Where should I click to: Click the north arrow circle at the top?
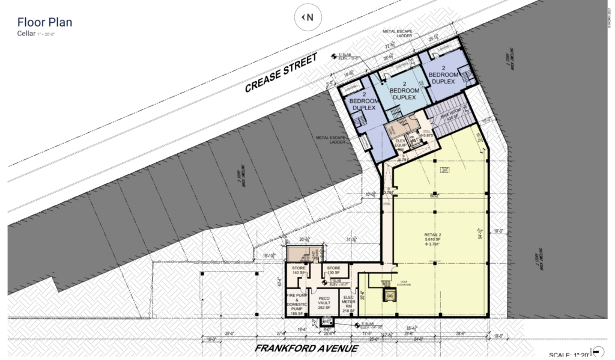point(307,17)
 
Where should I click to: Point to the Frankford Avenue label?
point(307,349)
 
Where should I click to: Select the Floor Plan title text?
point(40,23)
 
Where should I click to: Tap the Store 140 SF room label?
point(298,270)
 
